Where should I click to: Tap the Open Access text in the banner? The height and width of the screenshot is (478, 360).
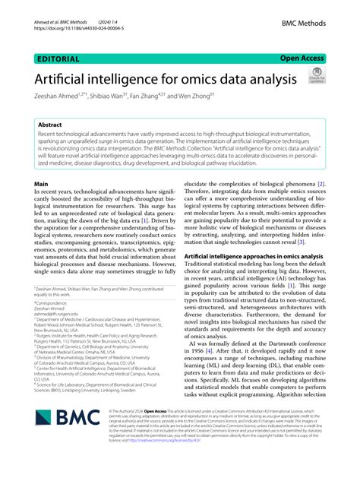pyautogui.click(x=303, y=57)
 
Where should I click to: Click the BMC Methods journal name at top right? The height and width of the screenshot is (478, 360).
pyautogui.click(x=302, y=24)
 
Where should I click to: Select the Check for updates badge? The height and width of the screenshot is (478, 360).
pyautogui.click(x=315, y=77)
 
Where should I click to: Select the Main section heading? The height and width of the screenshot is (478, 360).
pyautogui.click(x=43, y=184)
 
